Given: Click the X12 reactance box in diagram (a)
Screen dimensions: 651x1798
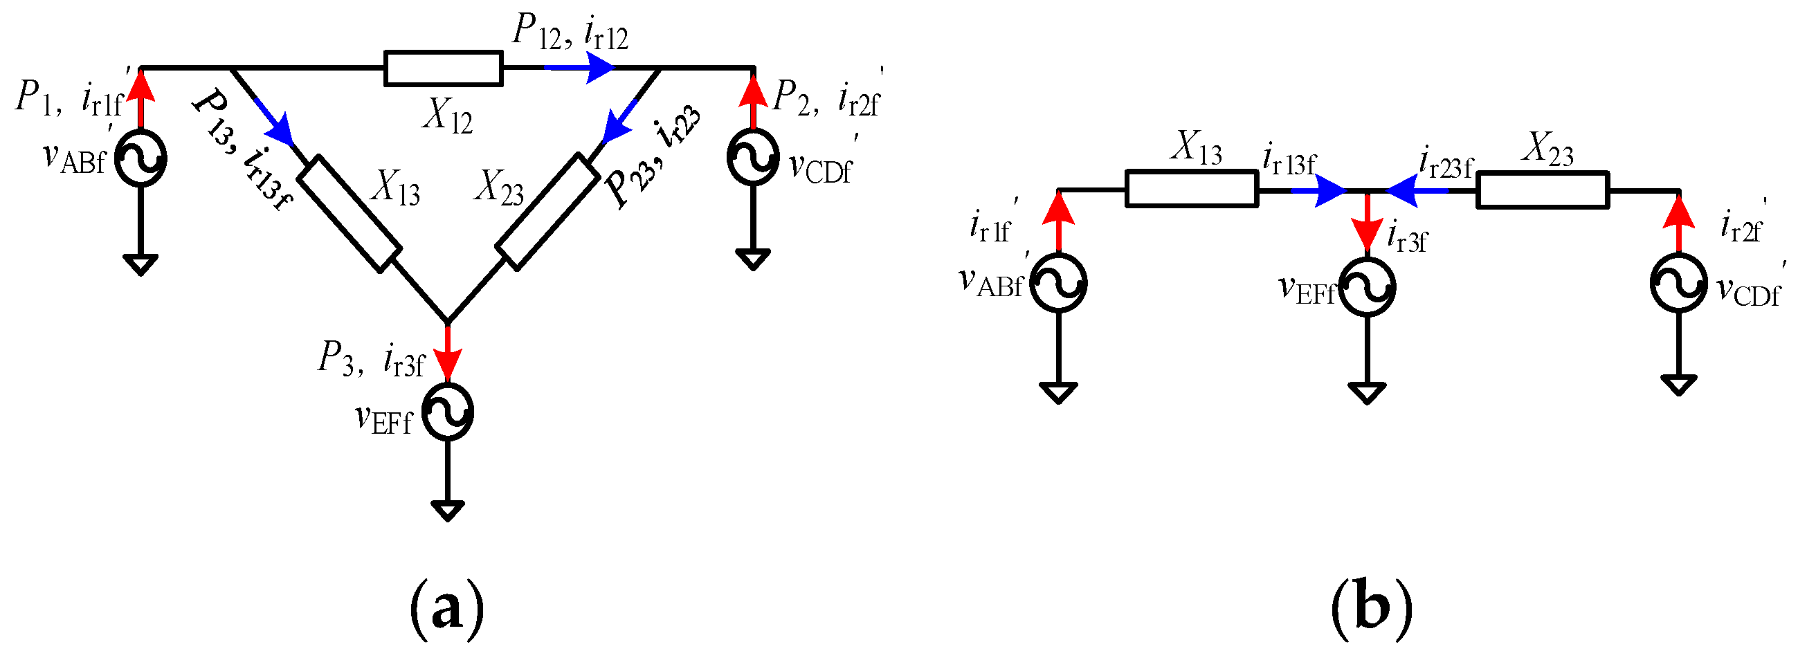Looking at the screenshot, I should (x=443, y=68).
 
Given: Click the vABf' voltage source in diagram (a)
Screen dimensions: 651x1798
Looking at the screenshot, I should (x=140, y=159).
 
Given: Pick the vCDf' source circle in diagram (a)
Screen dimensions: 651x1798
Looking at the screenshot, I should (x=752, y=158).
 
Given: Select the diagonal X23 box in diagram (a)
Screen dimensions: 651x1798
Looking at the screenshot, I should (x=547, y=212).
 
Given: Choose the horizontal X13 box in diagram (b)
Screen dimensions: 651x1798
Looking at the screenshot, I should (x=1192, y=189).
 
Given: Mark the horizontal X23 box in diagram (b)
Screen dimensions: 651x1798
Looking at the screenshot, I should (x=1543, y=190).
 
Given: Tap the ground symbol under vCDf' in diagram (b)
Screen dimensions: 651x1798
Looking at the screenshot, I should (x=1679, y=385).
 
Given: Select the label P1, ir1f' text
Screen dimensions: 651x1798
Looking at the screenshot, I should (x=70, y=98).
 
